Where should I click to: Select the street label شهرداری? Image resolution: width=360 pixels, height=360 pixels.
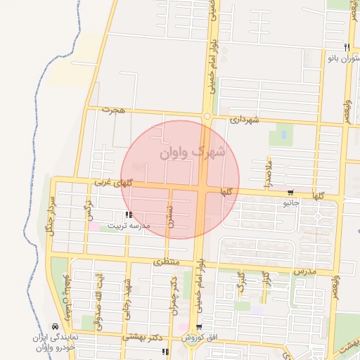click(x=245, y=120)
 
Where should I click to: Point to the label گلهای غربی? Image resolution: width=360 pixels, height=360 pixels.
click(x=114, y=183)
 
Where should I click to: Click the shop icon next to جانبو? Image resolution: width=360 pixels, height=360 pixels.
click(x=290, y=193)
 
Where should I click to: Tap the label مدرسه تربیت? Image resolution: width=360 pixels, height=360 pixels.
click(x=129, y=227)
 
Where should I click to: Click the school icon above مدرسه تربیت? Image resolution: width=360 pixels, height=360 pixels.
click(x=127, y=214)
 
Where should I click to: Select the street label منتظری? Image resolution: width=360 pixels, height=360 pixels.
click(x=167, y=262)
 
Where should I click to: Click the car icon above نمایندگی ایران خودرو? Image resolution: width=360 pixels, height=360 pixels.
click(x=55, y=327)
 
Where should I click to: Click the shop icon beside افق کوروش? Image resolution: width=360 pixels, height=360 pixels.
click(x=200, y=327)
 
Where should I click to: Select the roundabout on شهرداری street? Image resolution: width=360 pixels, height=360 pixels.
click(x=207, y=116)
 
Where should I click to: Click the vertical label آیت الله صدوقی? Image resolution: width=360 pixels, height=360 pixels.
click(x=98, y=295)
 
